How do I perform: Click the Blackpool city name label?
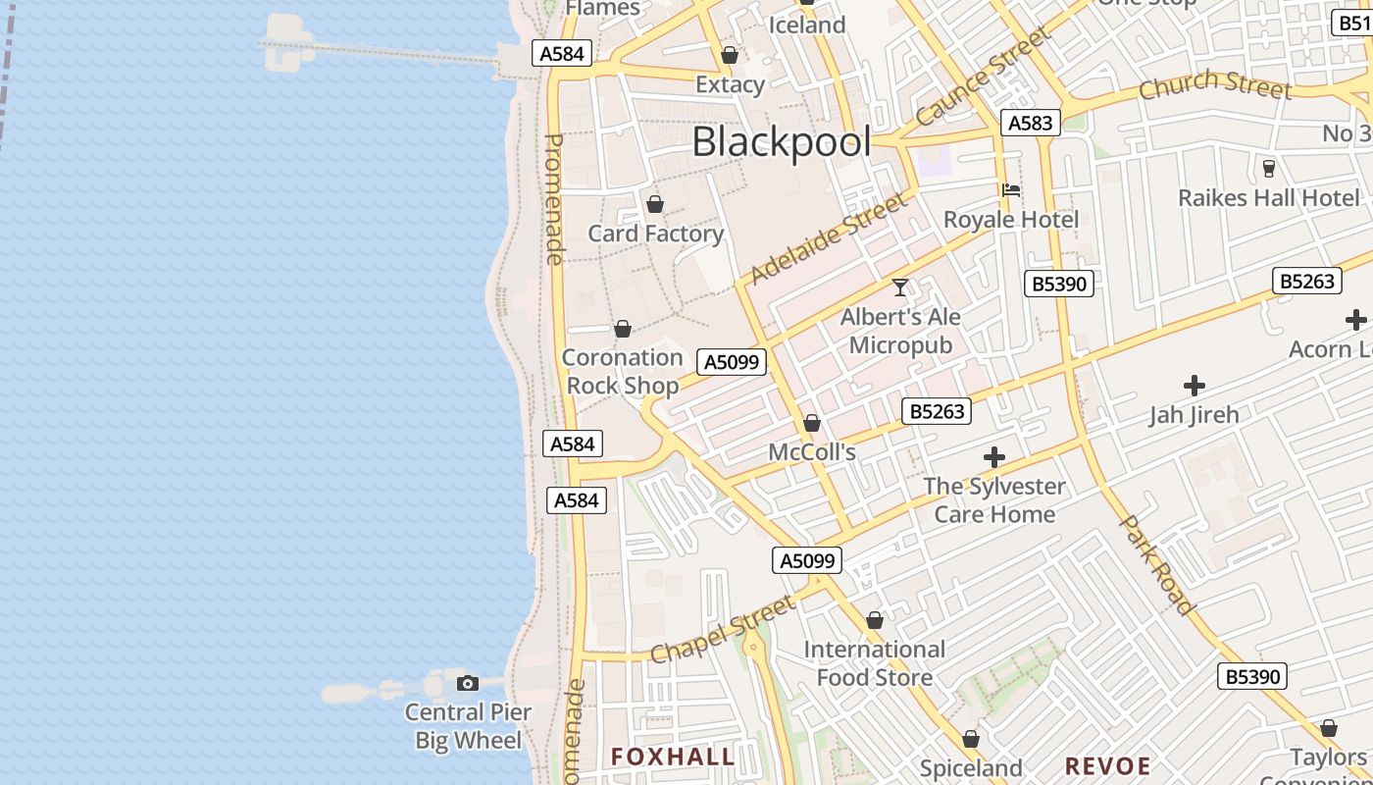point(781,142)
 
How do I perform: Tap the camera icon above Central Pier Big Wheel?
point(468,683)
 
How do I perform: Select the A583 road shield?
point(1030,123)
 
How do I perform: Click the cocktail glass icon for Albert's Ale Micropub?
point(900,288)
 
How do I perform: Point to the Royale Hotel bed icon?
point(1011,190)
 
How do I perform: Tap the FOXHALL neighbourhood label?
point(673,757)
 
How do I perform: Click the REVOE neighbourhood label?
point(1107,765)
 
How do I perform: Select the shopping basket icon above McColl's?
point(812,423)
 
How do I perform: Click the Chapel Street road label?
point(724,629)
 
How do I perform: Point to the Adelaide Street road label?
point(829,238)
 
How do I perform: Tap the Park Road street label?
point(1157,564)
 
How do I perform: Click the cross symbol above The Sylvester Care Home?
point(994,457)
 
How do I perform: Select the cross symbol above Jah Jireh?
point(1194,386)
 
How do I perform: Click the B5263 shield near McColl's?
point(937,411)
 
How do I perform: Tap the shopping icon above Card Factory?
point(655,204)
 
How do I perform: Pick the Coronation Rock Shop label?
point(623,371)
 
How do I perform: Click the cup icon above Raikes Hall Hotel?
point(1268,169)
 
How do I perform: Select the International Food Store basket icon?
point(875,620)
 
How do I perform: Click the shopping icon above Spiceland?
point(971,739)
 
